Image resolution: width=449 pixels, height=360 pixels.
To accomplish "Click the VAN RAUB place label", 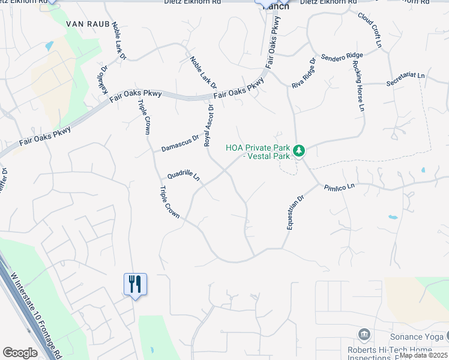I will pyautogui.click(x=81, y=25).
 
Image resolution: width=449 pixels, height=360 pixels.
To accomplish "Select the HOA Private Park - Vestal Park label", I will pyautogui.click(x=258, y=152).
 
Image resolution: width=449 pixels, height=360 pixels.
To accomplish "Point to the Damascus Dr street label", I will pyautogui.click(x=179, y=143).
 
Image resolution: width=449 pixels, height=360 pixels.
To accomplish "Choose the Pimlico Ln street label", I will pyautogui.click(x=340, y=188).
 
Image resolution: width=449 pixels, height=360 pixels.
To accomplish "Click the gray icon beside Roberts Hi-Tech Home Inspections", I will pyautogui.click(x=364, y=334).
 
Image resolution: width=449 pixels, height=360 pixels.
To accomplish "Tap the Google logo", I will pyautogui.click(x=20, y=353).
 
